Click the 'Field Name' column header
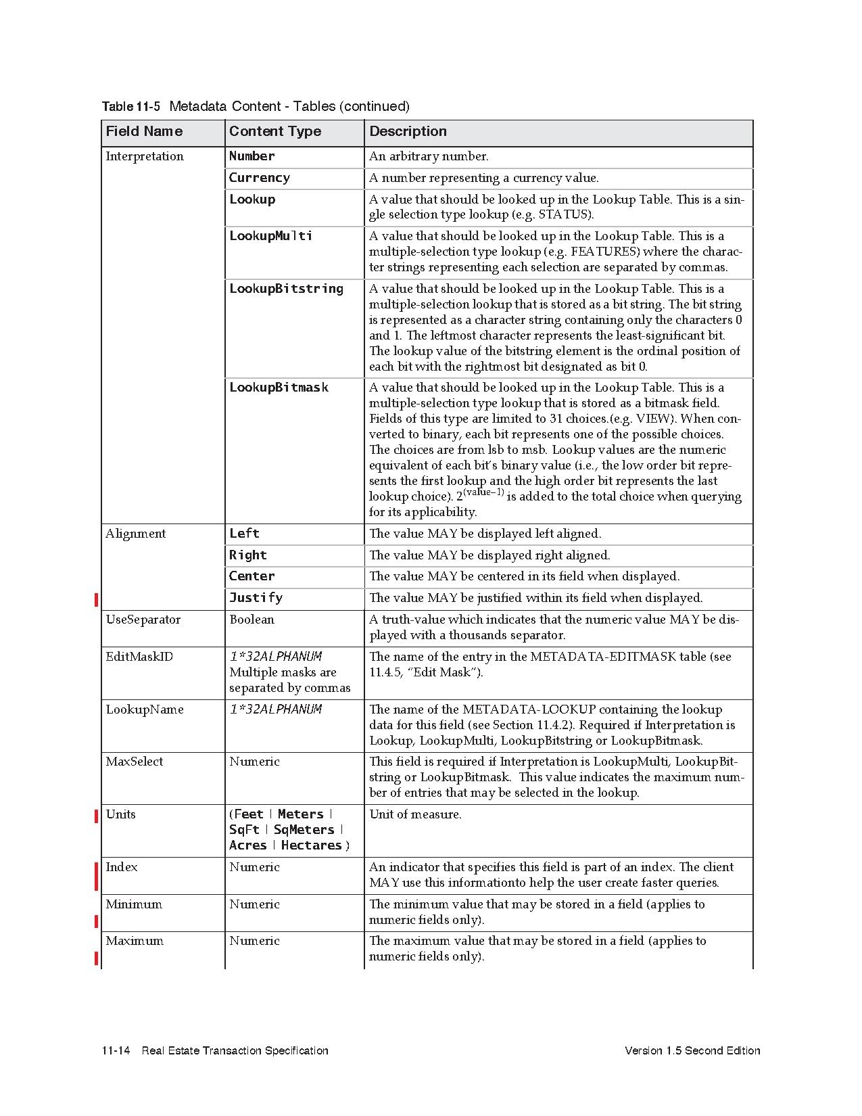click(x=144, y=131)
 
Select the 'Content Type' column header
click(x=274, y=131)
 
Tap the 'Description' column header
click(x=408, y=131)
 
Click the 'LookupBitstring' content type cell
click(x=286, y=289)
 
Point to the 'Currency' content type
click(x=259, y=178)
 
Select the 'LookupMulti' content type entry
click(x=270, y=236)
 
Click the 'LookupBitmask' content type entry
click(x=279, y=388)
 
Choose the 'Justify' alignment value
click(x=256, y=598)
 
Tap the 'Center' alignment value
click(x=252, y=576)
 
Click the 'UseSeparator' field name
click(x=143, y=620)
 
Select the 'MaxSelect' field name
click(x=134, y=762)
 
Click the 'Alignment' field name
click(x=135, y=534)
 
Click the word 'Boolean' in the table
click(x=252, y=620)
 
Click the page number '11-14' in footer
click(x=116, y=1050)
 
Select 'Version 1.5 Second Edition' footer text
click(x=692, y=1050)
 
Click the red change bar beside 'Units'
click(x=97, y=816)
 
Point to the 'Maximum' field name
click(x=134, y=941)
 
